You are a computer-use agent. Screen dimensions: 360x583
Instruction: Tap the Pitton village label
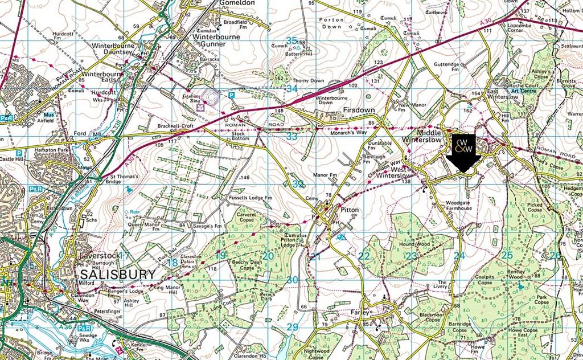click(348, 210)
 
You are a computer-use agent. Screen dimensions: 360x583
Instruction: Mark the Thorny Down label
click(309, 81)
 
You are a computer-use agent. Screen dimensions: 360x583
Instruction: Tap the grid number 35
click(292, 40)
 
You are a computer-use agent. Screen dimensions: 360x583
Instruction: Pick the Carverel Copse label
click(249, 216)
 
